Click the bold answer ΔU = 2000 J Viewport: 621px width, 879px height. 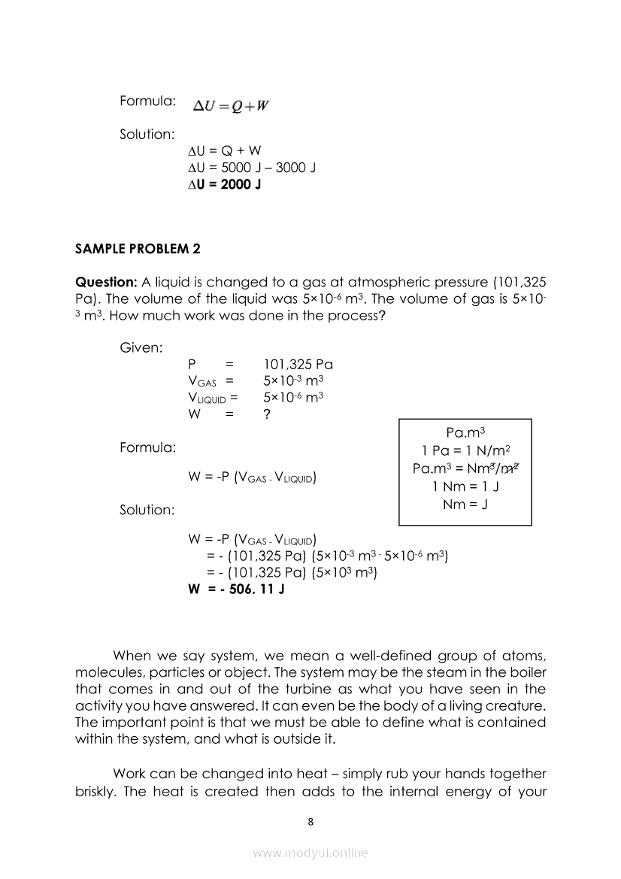(224, 183)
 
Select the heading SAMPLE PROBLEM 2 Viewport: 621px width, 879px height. (138, 248)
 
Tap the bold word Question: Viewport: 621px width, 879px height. (106, 282)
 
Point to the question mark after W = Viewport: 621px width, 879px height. (268, 414)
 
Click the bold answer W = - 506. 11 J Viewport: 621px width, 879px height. (236, 589)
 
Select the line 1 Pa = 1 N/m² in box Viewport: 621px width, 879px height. (466, 450)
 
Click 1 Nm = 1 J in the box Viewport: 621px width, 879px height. (466, 486)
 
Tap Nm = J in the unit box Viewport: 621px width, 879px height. (465, 504)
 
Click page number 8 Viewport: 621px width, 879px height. (310, 821)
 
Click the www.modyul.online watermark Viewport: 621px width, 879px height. (310, 853)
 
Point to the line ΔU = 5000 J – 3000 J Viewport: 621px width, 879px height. (251, 167)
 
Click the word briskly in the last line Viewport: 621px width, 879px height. (99, 791)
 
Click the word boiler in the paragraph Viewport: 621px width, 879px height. (524, 671)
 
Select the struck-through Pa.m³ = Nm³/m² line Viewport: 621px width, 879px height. (466, 468)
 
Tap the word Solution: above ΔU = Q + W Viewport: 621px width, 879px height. (147, 134)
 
